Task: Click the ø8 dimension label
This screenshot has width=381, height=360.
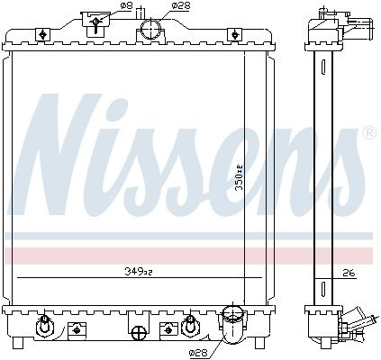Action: coord(126,6)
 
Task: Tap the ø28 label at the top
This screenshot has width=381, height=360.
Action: coord(180,5)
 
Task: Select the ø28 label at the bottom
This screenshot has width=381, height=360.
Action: coord(199,354)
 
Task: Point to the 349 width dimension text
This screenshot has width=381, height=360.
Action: coord(139,272)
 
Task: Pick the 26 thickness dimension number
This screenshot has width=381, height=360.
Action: coord(349,273)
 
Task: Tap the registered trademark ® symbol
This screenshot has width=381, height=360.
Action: coord(369,133)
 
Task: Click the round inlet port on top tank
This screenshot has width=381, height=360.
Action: coord(151,29)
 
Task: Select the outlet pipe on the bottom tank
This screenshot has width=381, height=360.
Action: coord(231,324)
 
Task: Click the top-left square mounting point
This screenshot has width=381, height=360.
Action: coord(42,34)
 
